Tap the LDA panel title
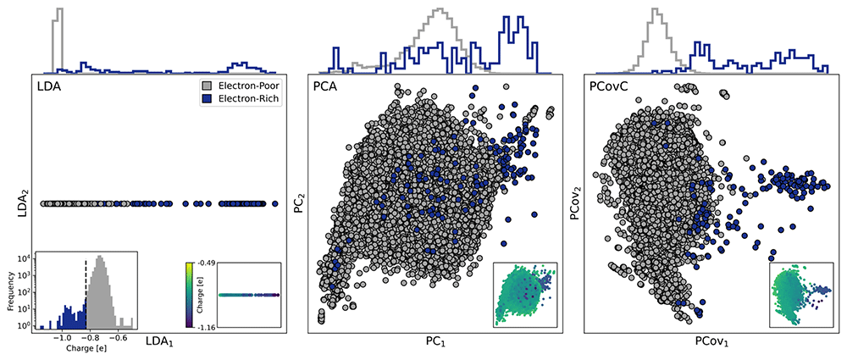click(48, 87)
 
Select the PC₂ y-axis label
click(301, 204)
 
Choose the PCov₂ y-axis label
click(577, 204)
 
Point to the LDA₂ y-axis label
click(23, 204)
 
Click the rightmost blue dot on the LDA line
click(275, 204)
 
